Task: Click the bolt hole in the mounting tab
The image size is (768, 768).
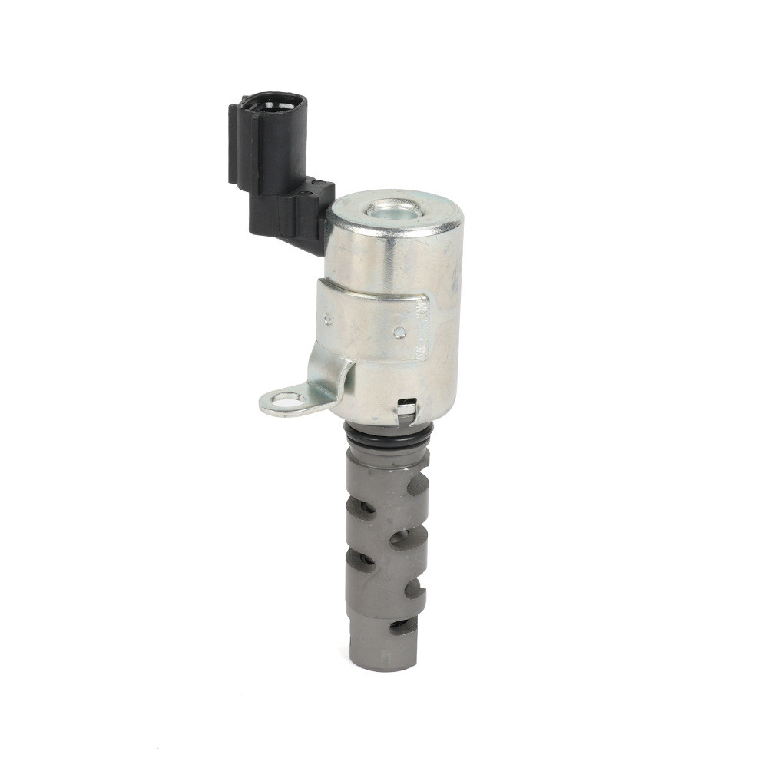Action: pos(286,399)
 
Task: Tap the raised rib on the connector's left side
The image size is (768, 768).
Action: pos(233,146)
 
